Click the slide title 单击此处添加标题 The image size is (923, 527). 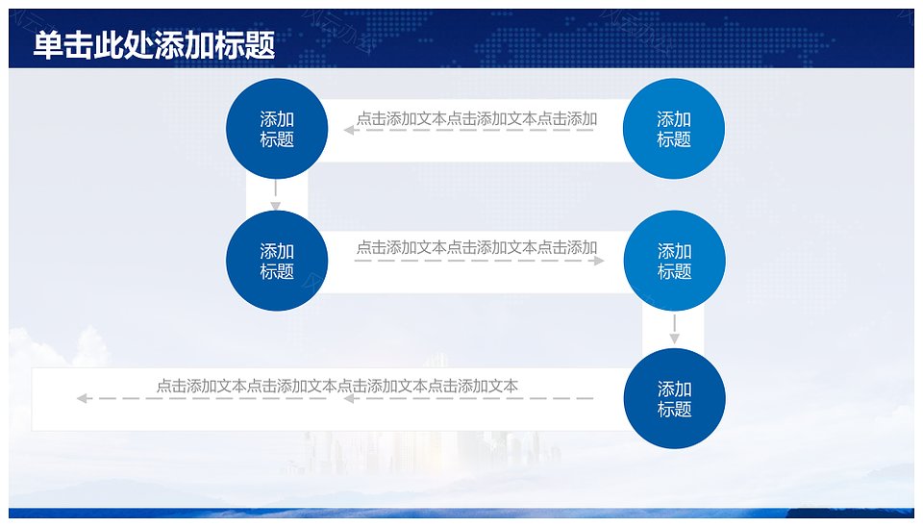click(154, 45)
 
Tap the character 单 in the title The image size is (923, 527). click(48, 45)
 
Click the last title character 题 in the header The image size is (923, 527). click(261, 45)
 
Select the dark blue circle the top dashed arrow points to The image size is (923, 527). click(277, 128)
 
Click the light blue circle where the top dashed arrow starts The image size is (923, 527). click(674, 128)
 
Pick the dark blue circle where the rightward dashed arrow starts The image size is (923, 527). click(277, 261)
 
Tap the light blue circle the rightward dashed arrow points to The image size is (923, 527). click(675, 261)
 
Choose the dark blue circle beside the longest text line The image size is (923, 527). click(675, 398)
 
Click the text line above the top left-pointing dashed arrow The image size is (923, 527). click(477, 119)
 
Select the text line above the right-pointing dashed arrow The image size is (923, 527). click(477, 247)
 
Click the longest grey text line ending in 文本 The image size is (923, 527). click(337, 386)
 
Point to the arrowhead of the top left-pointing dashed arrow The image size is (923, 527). click(348, 130)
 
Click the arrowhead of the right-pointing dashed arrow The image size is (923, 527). click(599, 261)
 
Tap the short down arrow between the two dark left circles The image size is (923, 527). click(276, 195)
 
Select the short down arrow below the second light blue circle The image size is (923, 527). click(675, 329)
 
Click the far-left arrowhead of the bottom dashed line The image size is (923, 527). click(82, 399)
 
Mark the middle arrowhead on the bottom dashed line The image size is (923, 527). click(348, 399)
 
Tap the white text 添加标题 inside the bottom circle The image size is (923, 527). click(675, 399)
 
